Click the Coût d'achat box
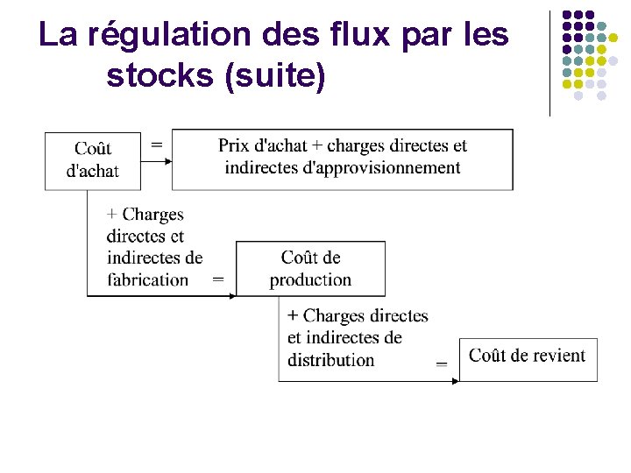[x=92, y=160]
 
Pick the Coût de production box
[x=310, y=268]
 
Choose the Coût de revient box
[x=528, y=358]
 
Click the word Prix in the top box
[x=233, y=145]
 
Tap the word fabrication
[x=147, y=280]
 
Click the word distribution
[x=330, y=360]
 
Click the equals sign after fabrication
[x=218, y=280]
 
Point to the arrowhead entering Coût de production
[x=233, y=296]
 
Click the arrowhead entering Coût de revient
[x=456, y=381]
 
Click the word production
[x=310, y=280]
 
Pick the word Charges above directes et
[x=152, y=215]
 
